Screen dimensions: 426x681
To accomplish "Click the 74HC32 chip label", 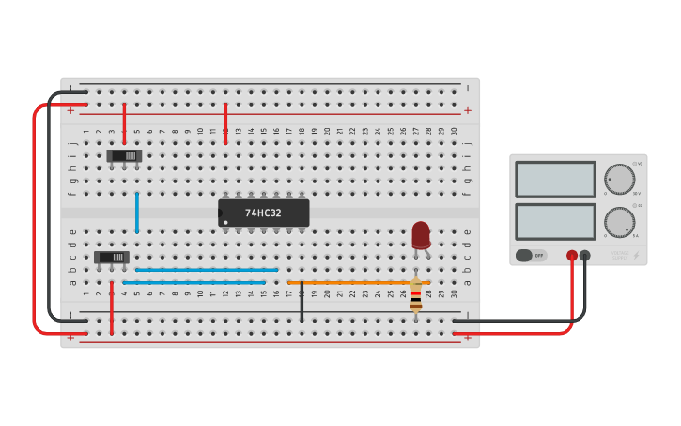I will click(263, 213).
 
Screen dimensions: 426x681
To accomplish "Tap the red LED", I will click(421, 233).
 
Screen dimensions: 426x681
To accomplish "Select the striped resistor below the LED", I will click(416, 295).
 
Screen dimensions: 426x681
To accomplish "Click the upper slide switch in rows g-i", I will click(123, 155).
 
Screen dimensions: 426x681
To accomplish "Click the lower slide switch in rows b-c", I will click(111, 257).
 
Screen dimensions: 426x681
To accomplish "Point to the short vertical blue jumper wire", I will click(137, 212).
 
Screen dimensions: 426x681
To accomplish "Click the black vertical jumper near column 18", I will click(302, 300).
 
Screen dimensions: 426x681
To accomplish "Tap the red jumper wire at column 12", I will click(225, 123).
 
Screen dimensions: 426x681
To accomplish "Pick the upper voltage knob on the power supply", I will click(619, 179).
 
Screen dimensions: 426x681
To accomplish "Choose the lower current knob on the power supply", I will click(619, 222).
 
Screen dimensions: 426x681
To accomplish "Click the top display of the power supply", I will click(555, 179).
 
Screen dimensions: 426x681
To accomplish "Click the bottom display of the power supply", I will click(555, 221).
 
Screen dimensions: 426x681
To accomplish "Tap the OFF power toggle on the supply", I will click(531, 255).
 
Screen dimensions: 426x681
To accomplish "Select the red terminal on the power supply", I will click(571, 255).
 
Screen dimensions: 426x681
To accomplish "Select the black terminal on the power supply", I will click(585, 255).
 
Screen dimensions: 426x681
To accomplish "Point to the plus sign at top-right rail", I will click(467, 110).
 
